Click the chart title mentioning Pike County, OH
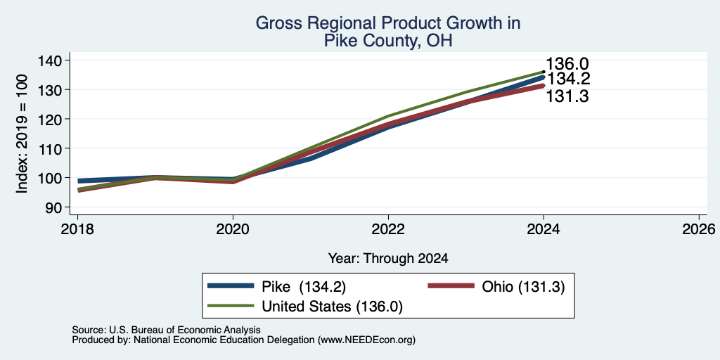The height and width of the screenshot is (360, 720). [x=388, y=32]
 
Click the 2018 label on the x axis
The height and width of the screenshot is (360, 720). [x=77, y=229]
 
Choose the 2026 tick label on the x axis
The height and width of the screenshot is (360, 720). [x=700, y=229]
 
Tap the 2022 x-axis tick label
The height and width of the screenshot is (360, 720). [x=388, y=229]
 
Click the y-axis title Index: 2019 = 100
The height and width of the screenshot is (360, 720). [x=22, y=134]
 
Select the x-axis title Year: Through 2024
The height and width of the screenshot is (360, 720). [x=388, y=259]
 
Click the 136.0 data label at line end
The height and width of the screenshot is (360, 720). [x=567, y=64]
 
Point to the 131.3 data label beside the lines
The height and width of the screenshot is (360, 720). [x=567, y=96]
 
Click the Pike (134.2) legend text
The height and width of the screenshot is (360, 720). [x=304, y=287]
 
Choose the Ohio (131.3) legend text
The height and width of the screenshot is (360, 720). [x=523, y=287]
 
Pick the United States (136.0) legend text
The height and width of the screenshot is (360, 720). [x=332, y=307]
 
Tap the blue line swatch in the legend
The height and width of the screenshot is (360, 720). [x=231, y=286]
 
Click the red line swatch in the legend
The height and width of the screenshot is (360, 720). [x=451, y=286]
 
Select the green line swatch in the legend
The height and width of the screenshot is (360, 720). [x=231, y=306]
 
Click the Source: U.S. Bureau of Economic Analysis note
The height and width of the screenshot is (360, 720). [x=166, y=330]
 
